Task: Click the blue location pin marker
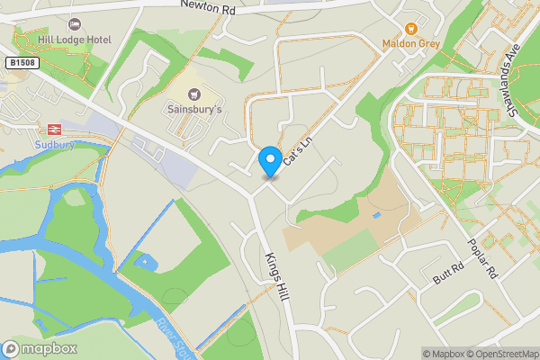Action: point(268,162)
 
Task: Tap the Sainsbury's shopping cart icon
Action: point(193,94)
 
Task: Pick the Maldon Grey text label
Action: point(409,43)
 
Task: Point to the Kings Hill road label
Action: point(275,275)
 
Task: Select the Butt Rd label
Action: point(446,274)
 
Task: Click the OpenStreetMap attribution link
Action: point(500,354)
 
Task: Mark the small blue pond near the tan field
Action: point(376,216)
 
